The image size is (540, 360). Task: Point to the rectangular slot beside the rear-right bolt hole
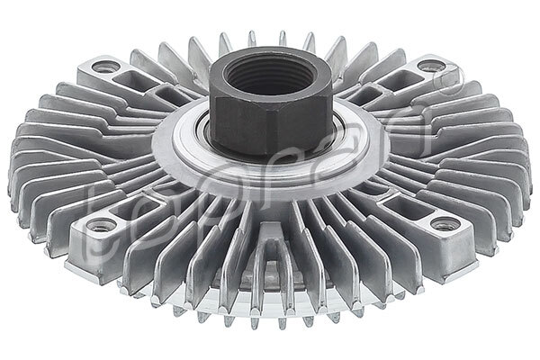pyautogui.click(x=370, y=91)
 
